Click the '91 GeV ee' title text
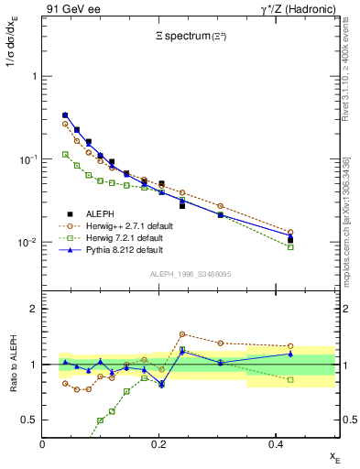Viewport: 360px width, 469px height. click(70, 9)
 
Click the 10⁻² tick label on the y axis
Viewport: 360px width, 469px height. click(28, 243)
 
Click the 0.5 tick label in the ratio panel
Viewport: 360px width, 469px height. click(30, 420)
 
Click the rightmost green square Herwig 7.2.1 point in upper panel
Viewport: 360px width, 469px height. click(290, 247)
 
